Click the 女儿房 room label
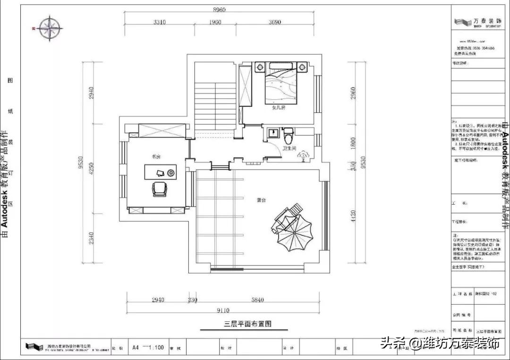tap(279, 108)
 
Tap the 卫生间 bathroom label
tap(289, 148)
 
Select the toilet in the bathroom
tap(289, 135)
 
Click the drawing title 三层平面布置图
tap(248, 324)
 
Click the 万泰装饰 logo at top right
tap(477, 22)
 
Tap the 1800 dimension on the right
tap(352, 143)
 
